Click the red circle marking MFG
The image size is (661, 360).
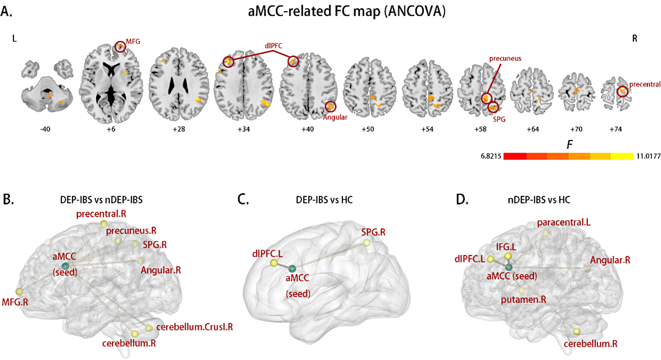tap(120, 47)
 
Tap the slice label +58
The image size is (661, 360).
tap(481, 129)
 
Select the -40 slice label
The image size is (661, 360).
tap(45, 129)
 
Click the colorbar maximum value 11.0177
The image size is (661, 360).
tap(648, 156)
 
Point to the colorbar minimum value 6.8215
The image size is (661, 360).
tap(491, 156)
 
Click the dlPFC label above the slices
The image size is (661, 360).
tap(273, 46)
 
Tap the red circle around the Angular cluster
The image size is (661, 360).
tap(330, 106)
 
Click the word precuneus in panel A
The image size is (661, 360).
tap(505, 59)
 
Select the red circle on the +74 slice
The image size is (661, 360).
tap(622, 92)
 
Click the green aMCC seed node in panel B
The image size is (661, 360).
tap(65, 266)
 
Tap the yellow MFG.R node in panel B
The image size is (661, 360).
tap(19, 291)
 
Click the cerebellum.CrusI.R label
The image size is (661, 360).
tap(194, 327)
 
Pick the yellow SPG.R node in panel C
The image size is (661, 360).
tap(367, 243)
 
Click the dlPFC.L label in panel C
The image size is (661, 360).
tap(267, 254)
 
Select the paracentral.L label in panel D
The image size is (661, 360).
tap(564, 222)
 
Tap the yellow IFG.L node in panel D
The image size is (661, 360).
tap(508, 256)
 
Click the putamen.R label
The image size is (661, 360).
tap(523, 300)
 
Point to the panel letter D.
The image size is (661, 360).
tap(462, 200)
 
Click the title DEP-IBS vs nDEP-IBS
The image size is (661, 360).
tap(101, 200)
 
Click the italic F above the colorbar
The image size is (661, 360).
tap(569, 144)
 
